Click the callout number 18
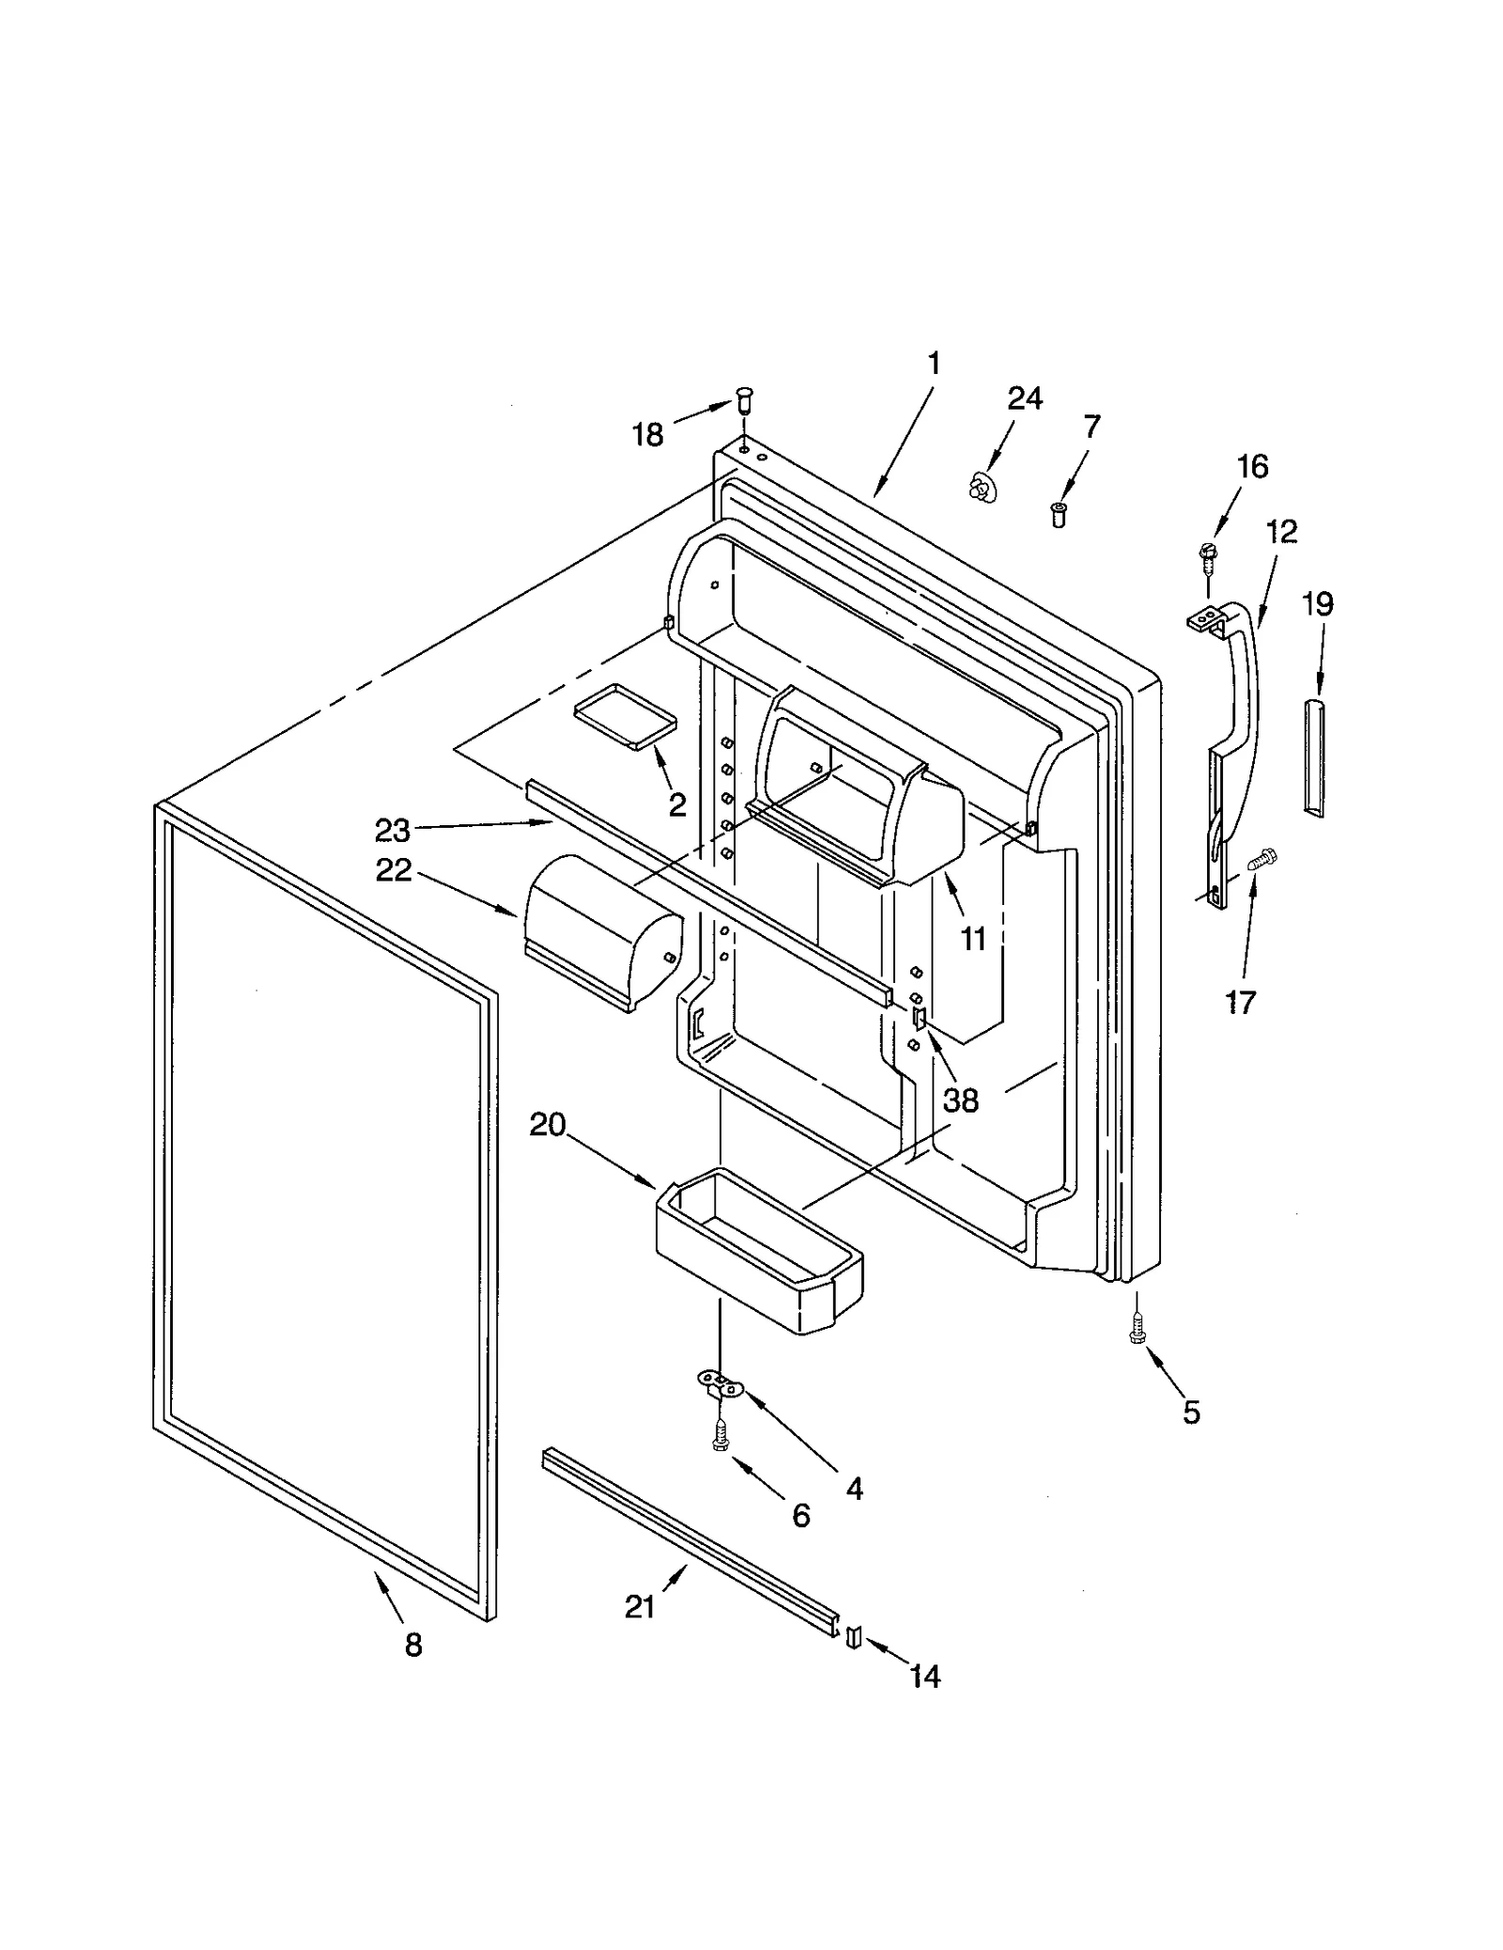click(647, 434)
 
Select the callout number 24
click(1024, 398)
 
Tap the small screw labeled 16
click(1205, 558)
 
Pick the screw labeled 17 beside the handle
click(1260, 857)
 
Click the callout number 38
click(960, 1100)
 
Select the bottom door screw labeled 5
click(1138, 1329)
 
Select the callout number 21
click(640, 1607)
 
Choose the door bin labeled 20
click(757, 1251)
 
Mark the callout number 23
click(393, 831)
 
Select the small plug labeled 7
click(1059, 514)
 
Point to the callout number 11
click(972, 937)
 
